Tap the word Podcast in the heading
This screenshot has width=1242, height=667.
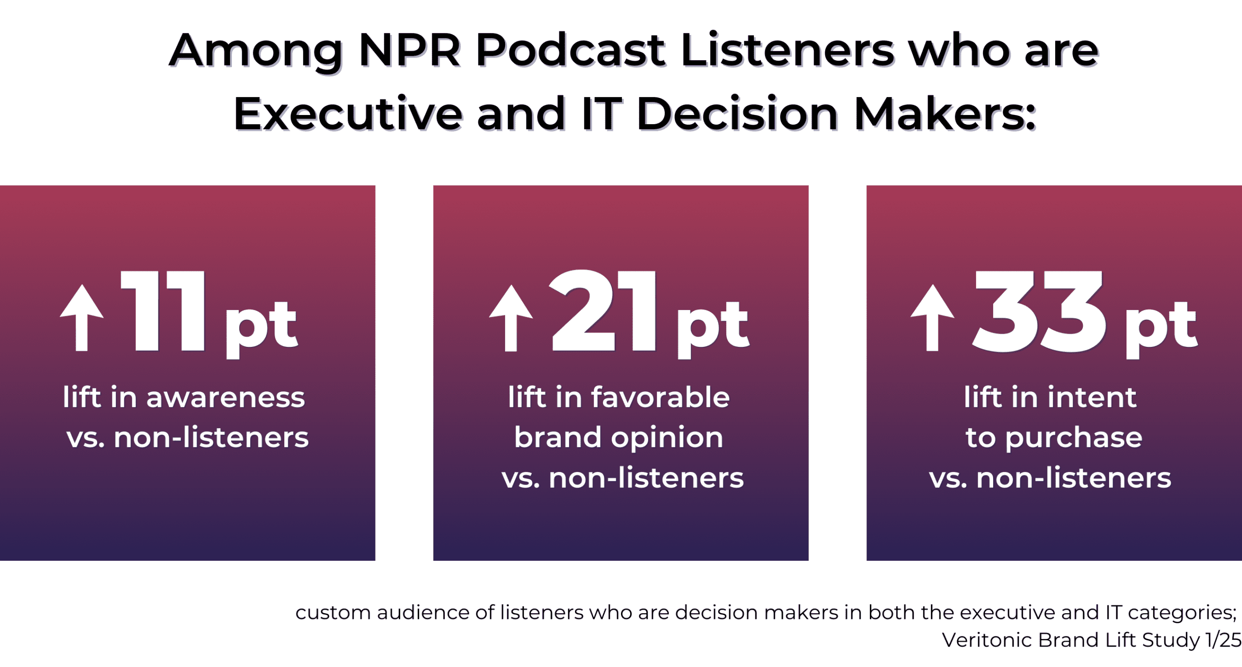coord(571,50)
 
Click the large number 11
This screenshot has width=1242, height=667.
coord(163,311)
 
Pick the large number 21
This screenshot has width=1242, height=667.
coord(603,311)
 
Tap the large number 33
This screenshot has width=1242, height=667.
coord(1040,311)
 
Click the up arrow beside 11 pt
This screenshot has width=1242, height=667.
coord(82,318)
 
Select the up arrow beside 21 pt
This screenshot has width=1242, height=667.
coord(511,318)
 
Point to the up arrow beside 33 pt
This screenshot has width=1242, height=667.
coord(932,318)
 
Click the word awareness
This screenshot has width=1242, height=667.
coord(226,398)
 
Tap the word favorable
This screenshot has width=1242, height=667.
coord(660,398)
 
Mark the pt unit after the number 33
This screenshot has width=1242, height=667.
coord(1161,327)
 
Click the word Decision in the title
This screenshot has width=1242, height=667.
coord(737,114)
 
